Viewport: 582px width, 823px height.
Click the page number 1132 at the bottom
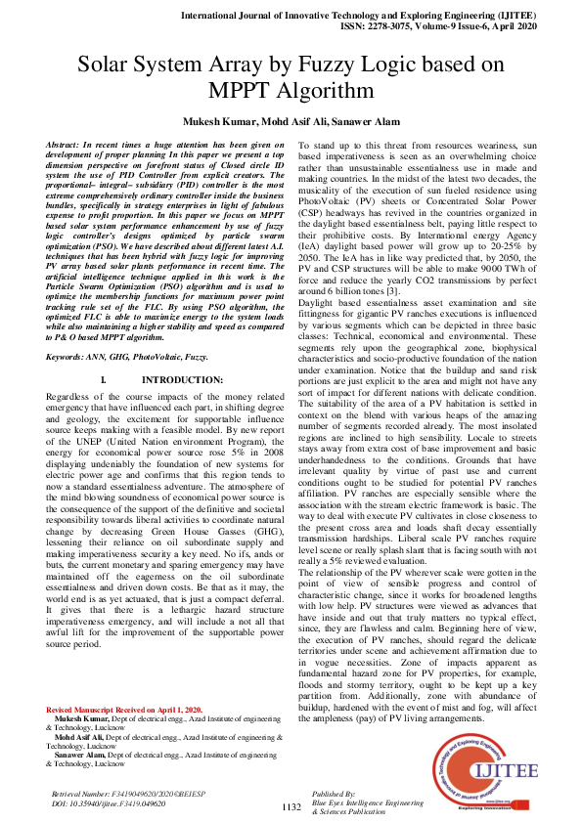coord(291,806)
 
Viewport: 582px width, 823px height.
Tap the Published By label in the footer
coord(334,795)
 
